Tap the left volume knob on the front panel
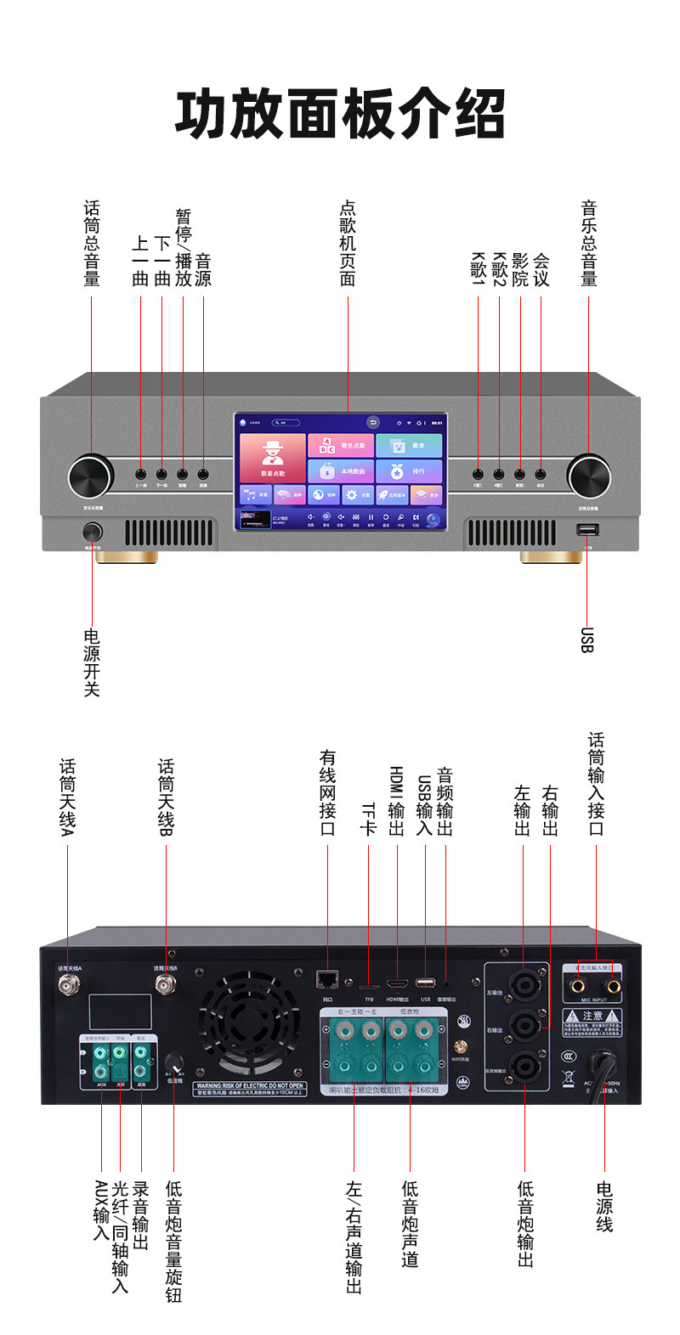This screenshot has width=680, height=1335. (x=91, y=475)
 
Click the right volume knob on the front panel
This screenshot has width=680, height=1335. (x=588, y=475)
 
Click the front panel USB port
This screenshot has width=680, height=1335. (x=586, y=530)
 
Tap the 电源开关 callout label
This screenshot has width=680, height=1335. (x=92, y=663)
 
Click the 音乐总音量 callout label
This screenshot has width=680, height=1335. (x=588, y=244)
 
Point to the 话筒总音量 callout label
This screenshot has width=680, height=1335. (x=92, y=244)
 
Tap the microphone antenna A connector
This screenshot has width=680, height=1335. (x=68, y=985)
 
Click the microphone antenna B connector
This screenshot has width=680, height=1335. (x=166, y=985)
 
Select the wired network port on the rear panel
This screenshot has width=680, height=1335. (x=326, y=980)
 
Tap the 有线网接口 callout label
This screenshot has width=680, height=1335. (x=328, y=793)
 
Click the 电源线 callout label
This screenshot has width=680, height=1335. (x=604, y=1206)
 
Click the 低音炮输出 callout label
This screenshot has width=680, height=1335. (x=525, y=1224)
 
